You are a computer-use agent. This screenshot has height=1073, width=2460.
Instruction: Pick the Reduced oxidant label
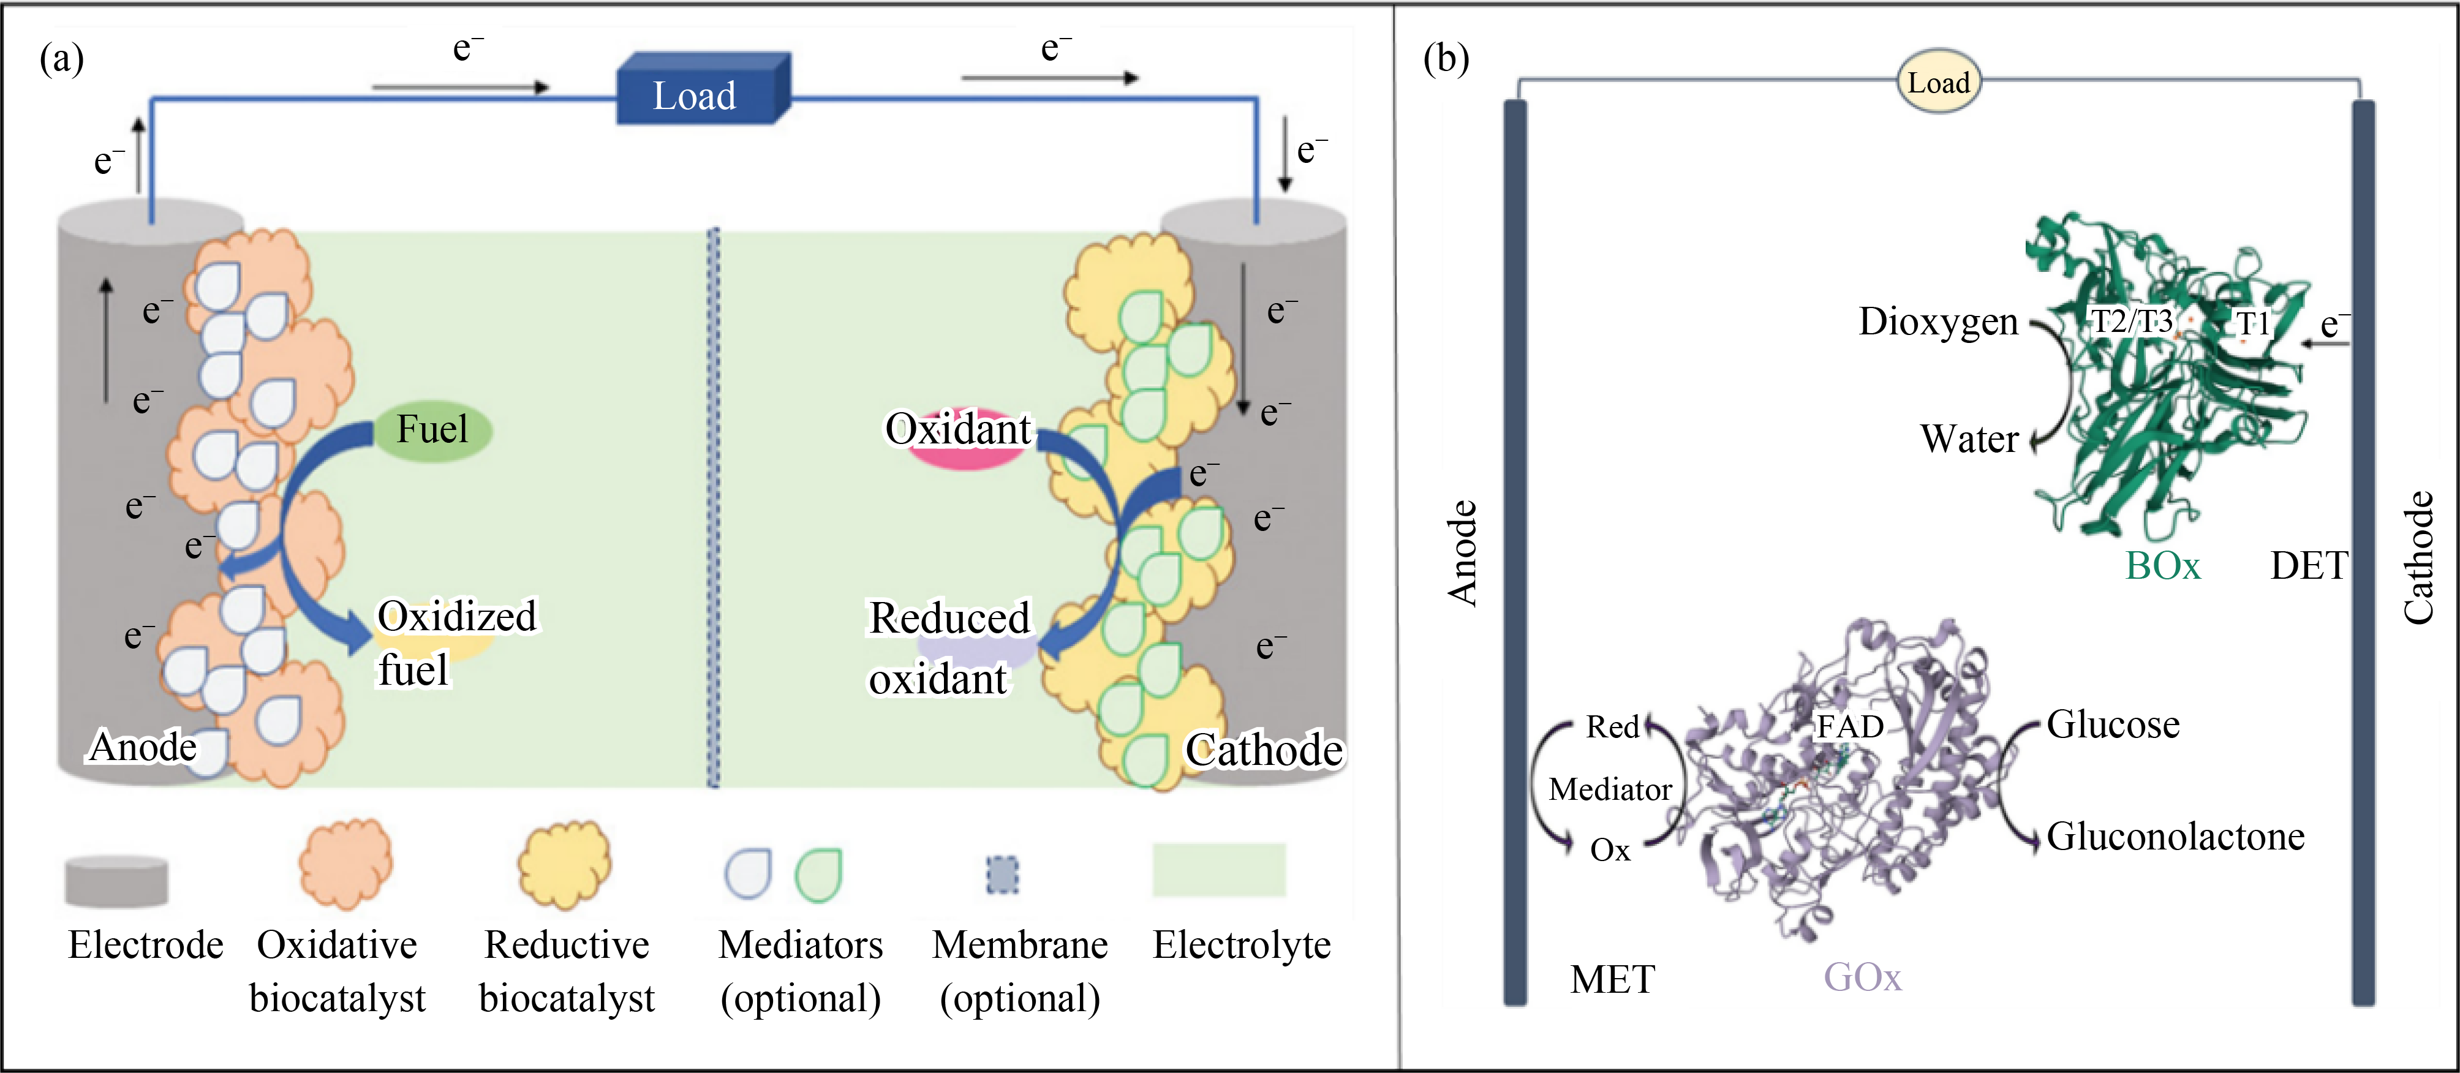click(x=948, y=647)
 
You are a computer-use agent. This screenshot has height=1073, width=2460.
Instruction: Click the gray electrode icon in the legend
click(x=116, y=880)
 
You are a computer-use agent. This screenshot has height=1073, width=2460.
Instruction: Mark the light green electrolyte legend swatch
click(x=1218, y=870)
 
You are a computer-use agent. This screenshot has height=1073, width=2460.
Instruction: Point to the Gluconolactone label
click(x=2175, y=836)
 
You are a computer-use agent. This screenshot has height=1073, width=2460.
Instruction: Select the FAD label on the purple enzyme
click(x=1850, y=726)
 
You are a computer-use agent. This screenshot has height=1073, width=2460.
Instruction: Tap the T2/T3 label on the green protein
click(x=2132, y=321)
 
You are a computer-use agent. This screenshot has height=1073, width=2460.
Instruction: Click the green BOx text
click(x=2162, y=566)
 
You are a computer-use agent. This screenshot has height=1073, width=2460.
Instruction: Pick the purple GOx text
click(x=1862, y=977)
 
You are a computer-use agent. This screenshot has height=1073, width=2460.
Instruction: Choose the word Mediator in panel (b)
click(x=1610, y=789)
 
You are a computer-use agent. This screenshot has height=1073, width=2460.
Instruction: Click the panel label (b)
click(x=1445, y=59)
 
